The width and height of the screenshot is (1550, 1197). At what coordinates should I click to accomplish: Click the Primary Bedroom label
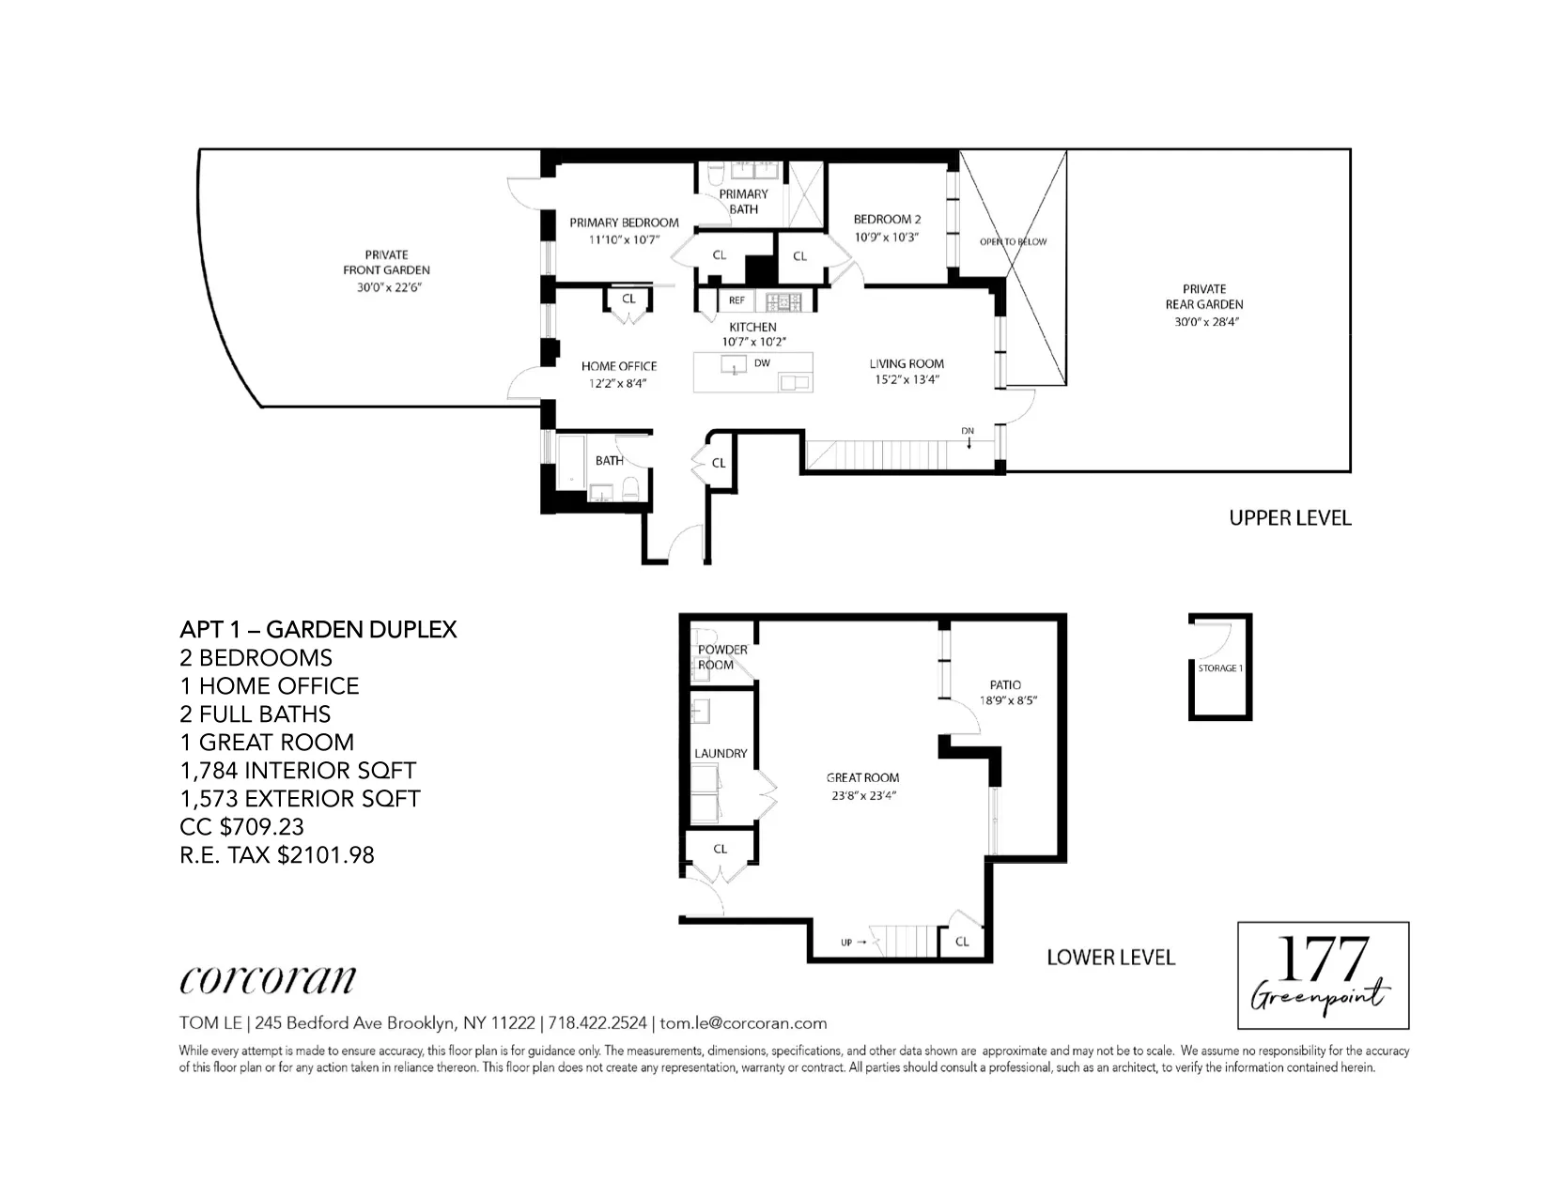coord(624,223)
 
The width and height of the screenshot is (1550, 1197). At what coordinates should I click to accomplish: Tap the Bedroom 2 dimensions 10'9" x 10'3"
coord(886,238)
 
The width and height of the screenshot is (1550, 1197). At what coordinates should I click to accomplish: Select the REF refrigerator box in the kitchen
coord(736,300)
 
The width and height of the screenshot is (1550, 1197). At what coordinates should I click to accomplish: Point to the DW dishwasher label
coord(762,363)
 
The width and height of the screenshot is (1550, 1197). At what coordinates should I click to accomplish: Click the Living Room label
coord(907,363)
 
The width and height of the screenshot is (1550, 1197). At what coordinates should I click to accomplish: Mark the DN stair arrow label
coord(968,431)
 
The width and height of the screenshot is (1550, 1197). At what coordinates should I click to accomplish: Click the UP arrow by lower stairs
coord(853,942)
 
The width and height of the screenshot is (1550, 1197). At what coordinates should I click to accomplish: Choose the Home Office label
coord(618,366)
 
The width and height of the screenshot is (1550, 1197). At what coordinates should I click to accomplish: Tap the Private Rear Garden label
coord(1204,297)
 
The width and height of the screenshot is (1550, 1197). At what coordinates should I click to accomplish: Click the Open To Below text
coord(1013,241)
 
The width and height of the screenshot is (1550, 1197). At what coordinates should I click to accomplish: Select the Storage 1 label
coord(1220,668)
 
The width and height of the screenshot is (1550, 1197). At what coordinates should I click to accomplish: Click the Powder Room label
coord(722,657)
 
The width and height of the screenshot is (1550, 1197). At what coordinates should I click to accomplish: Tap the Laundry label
coord(721,753)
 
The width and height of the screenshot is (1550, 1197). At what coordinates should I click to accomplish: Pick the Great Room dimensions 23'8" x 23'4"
coord(862,795)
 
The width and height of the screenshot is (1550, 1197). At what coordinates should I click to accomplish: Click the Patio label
coord(1005,684)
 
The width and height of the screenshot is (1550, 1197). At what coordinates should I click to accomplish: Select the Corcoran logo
coord(268,979)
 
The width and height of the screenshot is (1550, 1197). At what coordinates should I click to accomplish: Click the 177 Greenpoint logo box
coord(1323,975)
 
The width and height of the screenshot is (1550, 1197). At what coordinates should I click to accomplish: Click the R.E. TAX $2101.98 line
coord(277,854)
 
